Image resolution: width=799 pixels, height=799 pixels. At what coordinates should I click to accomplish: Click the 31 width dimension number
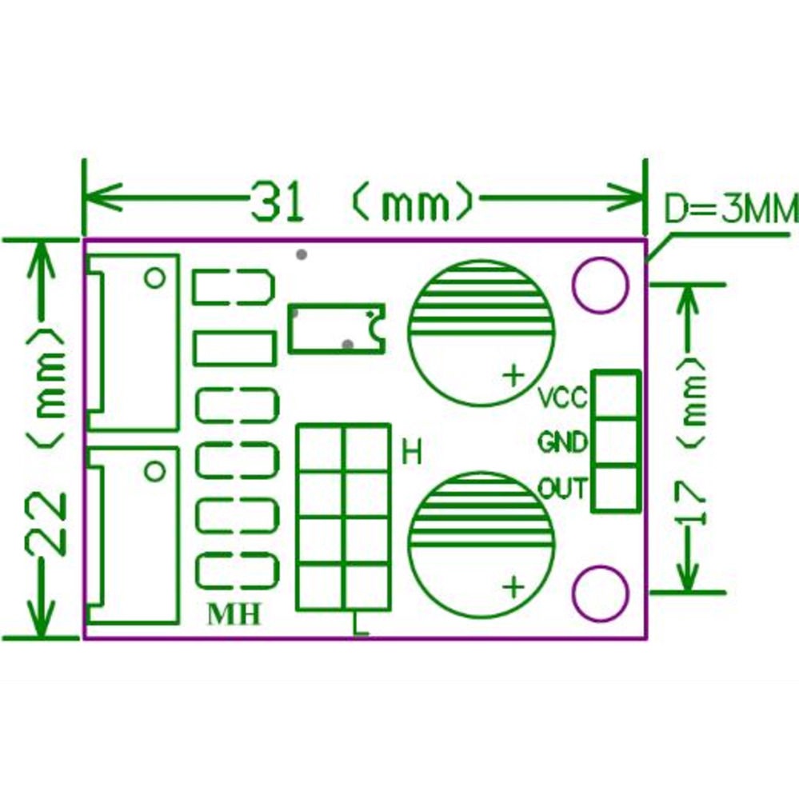(277, 202)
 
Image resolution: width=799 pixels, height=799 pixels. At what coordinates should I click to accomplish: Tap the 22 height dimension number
(46, 523)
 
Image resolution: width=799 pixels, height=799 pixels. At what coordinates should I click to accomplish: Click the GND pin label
(563, 441)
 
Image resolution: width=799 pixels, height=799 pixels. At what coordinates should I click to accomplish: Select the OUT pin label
(563, 488)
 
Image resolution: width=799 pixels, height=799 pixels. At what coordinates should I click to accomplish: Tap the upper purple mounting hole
(601, 285)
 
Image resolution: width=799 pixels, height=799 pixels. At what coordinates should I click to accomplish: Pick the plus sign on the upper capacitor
(513, 376)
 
